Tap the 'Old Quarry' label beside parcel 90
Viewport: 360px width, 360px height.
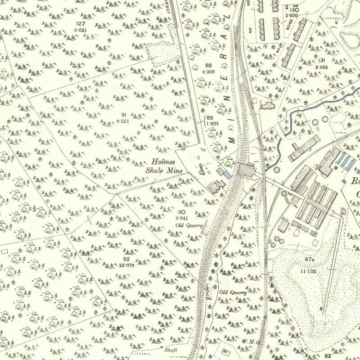[189, 225]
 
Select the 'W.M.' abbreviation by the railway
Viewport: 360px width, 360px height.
[247, 342]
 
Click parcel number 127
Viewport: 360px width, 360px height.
[81, 23]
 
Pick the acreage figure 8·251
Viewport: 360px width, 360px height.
[124, 121]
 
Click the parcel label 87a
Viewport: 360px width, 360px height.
[309, 260]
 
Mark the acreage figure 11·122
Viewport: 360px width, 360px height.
[309, 271]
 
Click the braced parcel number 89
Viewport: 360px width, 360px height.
[210, 118]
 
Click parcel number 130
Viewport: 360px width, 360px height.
[294, 10]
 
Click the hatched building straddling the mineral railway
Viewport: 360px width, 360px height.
[246, 171]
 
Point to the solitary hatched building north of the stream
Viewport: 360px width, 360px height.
[266, 105]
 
